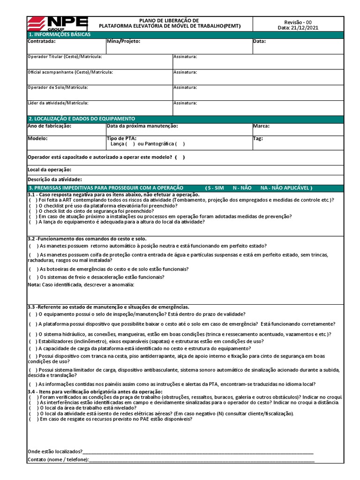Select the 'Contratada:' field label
42,41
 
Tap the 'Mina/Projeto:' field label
123,41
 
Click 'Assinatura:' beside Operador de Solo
185,88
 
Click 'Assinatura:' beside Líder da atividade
185,103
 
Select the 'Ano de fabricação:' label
49,126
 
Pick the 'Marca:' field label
261,126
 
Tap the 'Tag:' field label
258,139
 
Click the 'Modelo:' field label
37,139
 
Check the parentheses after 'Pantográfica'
180,144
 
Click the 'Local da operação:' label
50,170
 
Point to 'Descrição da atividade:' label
55,180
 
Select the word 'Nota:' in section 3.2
34,285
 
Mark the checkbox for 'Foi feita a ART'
33,200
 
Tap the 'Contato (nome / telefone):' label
58,460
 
